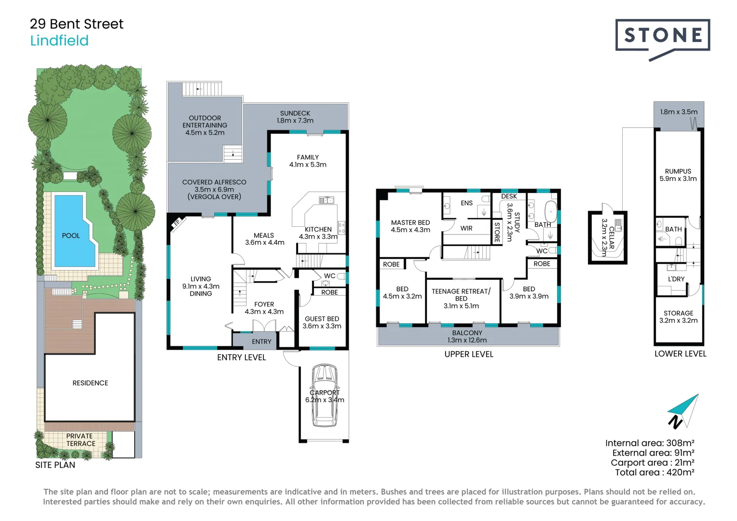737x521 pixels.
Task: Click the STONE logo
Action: point(662,36)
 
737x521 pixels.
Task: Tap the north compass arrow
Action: point(684,411)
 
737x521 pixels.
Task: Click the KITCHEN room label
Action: point(318,229)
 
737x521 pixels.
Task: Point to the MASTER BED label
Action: point(410,222)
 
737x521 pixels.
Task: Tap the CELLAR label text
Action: point(612,238)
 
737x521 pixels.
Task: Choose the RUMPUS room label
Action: point(678,171)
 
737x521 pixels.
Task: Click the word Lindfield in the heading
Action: point(59,41)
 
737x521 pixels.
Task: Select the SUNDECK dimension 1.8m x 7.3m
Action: point(295,121)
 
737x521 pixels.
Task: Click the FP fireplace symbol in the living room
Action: point(177,222)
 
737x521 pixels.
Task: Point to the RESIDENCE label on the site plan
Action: point(90,383)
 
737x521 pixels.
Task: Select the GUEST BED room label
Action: point(322,319)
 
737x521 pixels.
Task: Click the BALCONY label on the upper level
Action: point(467,333)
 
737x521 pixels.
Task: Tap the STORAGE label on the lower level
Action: point(678,313)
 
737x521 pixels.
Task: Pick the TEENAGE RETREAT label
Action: point(461,291)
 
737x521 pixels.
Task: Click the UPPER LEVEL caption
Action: point(468,354)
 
